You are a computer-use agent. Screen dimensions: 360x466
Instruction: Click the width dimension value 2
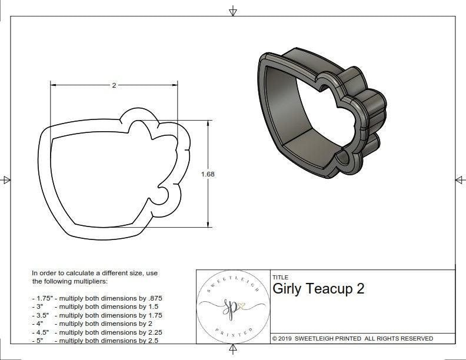(x=114, y=85)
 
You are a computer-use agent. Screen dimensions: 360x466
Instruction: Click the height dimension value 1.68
(x=208, y=174)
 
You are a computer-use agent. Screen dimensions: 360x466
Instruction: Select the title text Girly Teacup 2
(x=318, y=289)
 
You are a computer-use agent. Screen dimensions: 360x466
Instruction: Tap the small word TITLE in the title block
(x=281, y=277)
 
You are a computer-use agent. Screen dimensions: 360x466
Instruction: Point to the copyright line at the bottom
(x=352, y=338)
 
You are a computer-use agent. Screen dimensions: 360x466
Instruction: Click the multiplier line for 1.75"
(x=97, y=298)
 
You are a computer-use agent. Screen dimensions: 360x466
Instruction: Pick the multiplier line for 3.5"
(x=97, y=315)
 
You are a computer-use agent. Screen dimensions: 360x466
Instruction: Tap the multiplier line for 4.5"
(x=97, y=332)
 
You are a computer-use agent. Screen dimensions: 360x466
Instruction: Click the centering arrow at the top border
(x=233, y=11)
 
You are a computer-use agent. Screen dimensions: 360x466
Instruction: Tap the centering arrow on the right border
(x=460, y=180)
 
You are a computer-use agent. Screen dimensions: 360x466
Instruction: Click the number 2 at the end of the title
(x=360, y=289)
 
